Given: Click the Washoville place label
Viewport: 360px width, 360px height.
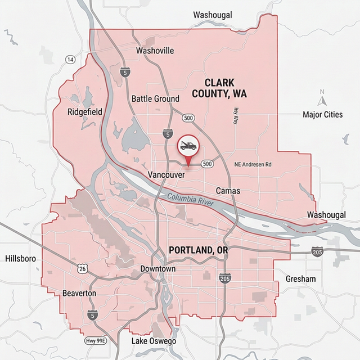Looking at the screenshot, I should click(x=155, y=51).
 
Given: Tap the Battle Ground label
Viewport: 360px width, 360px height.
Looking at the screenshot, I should click(x=155, y=98).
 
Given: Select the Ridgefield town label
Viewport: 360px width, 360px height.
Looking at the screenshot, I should click(x=85, y=112).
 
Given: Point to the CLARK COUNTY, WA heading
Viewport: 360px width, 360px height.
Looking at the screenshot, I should click(x=219, y=88).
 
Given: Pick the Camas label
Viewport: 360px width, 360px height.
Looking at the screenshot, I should click(x=228, y=191).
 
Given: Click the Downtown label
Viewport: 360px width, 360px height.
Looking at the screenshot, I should click(x=158, y=269).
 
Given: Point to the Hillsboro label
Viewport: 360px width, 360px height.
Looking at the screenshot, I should click(x=20, y=259).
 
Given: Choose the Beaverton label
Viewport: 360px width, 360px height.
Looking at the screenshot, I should click(x=79, y=294).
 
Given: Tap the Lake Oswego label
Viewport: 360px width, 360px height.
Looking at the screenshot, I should click(x=154, y=341).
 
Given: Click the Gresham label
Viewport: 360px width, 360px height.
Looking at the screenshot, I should click(x=301, y=279).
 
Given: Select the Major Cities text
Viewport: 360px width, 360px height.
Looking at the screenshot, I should click(x=322, y=115).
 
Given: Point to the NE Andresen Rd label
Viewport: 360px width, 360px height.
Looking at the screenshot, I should click(x=253, y=164).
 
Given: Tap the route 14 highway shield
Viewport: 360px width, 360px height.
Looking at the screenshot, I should click(x=70, y=60).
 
